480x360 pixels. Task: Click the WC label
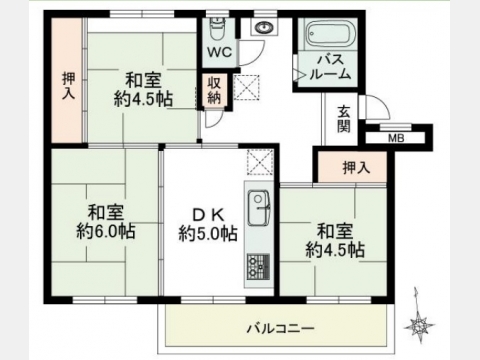tap(220, 52)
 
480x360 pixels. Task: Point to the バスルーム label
tap(330, 67)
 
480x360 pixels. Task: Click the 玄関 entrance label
tap(344, 119)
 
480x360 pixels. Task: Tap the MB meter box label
tap(396, 138)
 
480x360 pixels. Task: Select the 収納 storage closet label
tap(214, 91)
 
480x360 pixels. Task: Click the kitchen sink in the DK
tap(259, 208)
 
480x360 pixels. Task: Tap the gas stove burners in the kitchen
tap(259, 266)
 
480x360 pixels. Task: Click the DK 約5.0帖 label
tap(208, 224)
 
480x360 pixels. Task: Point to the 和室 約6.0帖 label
tap(106, 222)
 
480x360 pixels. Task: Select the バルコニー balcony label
tap(280, 329)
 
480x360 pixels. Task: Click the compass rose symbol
tap(419, 326)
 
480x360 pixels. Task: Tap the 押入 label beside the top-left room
tap(69, 86)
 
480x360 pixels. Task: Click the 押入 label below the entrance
tap(357, 168)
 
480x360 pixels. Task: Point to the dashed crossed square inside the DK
tap(260, 162)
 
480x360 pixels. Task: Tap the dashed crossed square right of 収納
tap(247, 87)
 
